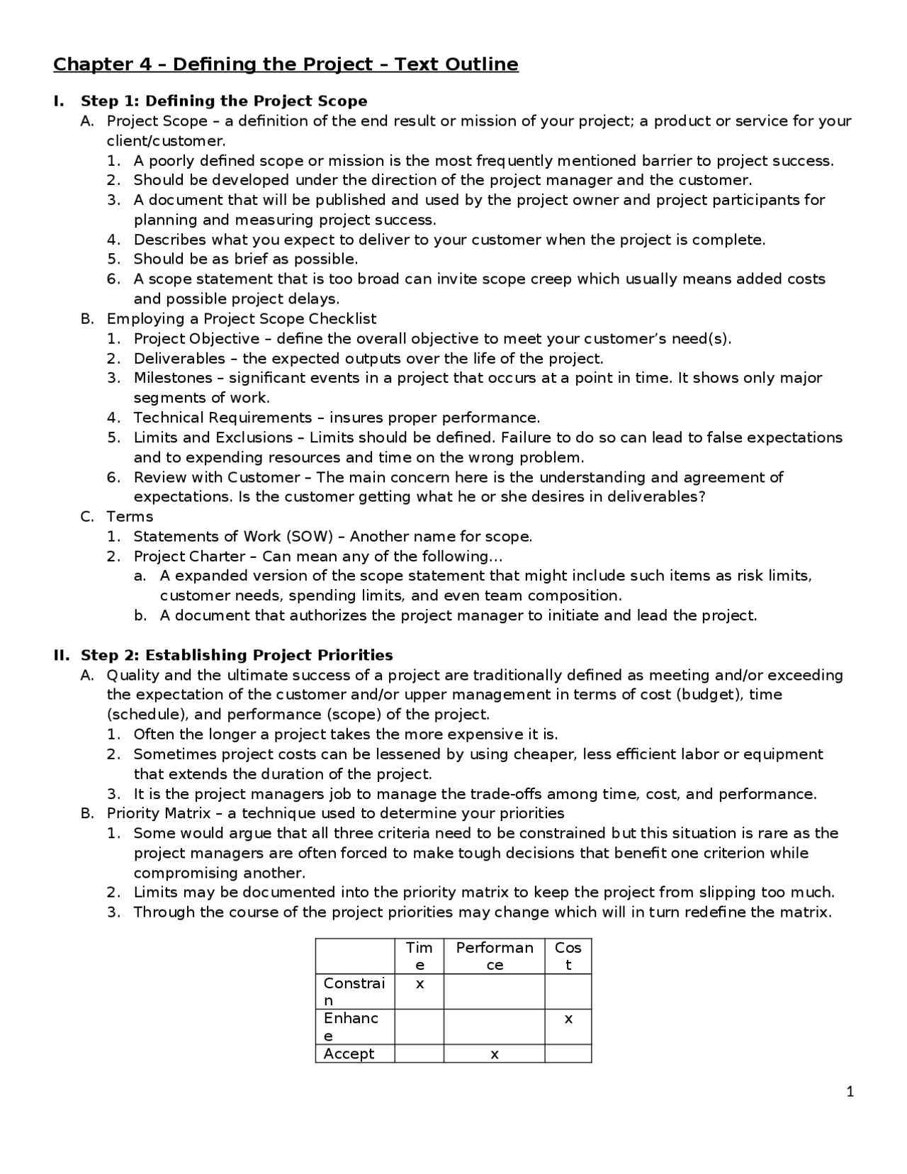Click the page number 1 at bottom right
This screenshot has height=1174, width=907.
click(x=850, y=1092)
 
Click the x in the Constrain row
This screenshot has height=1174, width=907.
click(x=419, y=984)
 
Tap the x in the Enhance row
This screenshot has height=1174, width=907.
click(x=568, y=1019)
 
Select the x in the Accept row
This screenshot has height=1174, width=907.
click(x=495, y=1054)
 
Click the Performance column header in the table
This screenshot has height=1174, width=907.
click(x=495, y=956)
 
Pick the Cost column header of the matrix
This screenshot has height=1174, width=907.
click(x=568, y=956)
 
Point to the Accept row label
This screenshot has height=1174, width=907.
click(x=349, y=1054)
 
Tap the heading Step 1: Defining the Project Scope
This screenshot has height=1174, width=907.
click(x=224, y=101)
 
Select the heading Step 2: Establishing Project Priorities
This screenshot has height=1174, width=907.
click(x=237, y=655)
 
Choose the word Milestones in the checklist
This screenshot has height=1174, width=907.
click(x=173, y=378)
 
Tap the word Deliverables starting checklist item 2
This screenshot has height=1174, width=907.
click(x=179, y=359)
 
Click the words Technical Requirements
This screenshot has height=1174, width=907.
click(x=222, y=418)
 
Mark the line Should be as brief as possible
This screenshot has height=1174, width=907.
click(x=245, y=259)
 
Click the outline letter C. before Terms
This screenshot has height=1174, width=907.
click(x=87, y=517)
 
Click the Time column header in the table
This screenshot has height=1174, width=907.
click(x=419, y=956)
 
